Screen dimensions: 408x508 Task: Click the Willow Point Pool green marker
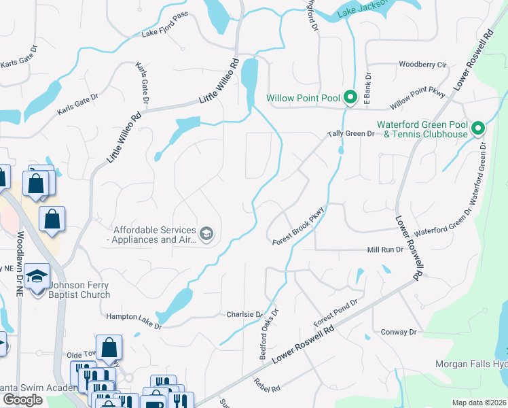(x=350, y=98)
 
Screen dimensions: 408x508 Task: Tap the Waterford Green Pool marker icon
(x=478, y=128)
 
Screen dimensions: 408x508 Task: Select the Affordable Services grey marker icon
(x=206, y=235)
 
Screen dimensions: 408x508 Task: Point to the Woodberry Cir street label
(x=422, y=65)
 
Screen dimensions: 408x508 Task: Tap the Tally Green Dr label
(x=352, y=134)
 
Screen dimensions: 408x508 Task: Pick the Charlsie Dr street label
(x=244, y=315)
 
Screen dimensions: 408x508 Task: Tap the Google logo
(x=22, y=400)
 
